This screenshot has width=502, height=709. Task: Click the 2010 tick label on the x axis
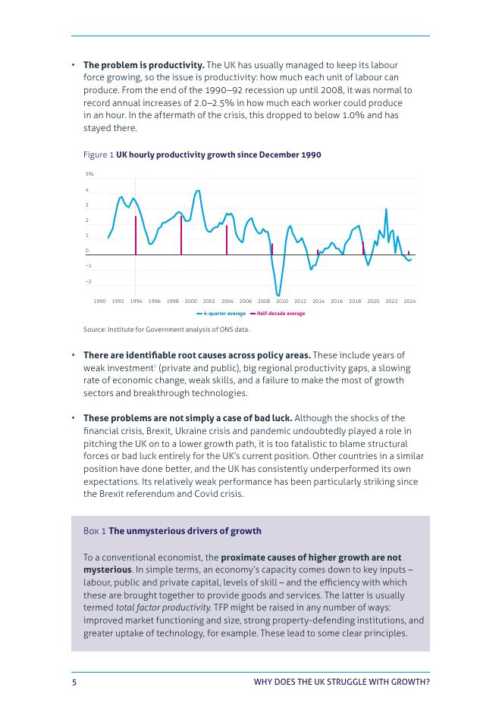tap(282, 301)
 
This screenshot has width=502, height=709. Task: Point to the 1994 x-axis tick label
tap(136, 301)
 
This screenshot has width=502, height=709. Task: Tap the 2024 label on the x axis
tap(409, 301)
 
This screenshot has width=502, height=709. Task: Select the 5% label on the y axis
tap(89, 174)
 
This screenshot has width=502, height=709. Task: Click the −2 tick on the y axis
tap(88, 281)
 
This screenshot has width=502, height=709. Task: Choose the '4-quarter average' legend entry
tap(221, 314)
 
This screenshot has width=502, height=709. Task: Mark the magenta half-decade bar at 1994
tap(136, 236)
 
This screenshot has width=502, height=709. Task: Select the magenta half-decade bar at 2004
tap(227, 240)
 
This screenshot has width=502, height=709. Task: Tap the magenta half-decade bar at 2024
tap(409, 253)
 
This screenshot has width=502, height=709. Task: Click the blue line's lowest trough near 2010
tap(278, 295)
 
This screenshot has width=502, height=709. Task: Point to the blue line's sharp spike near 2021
tap(386, 210)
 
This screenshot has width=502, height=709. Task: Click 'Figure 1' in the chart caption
tap(99, 155)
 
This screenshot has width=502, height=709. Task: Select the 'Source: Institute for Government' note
tap(166, 330)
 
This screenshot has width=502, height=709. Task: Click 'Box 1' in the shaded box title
tap(95, 531)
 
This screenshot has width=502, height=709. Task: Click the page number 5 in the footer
tap(74, 682)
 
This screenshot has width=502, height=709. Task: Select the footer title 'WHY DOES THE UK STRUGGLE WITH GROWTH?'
tap(341, 682)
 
